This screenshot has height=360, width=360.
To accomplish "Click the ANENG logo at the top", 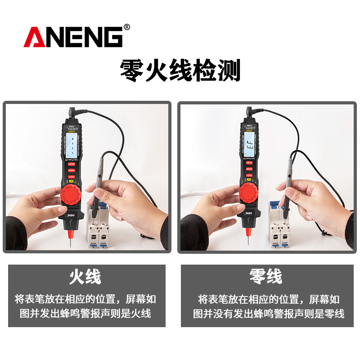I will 73,37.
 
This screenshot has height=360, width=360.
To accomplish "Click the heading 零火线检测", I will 180,70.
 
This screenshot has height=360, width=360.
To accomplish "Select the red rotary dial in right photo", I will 249,193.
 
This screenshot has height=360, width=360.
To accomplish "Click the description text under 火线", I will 85,306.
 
